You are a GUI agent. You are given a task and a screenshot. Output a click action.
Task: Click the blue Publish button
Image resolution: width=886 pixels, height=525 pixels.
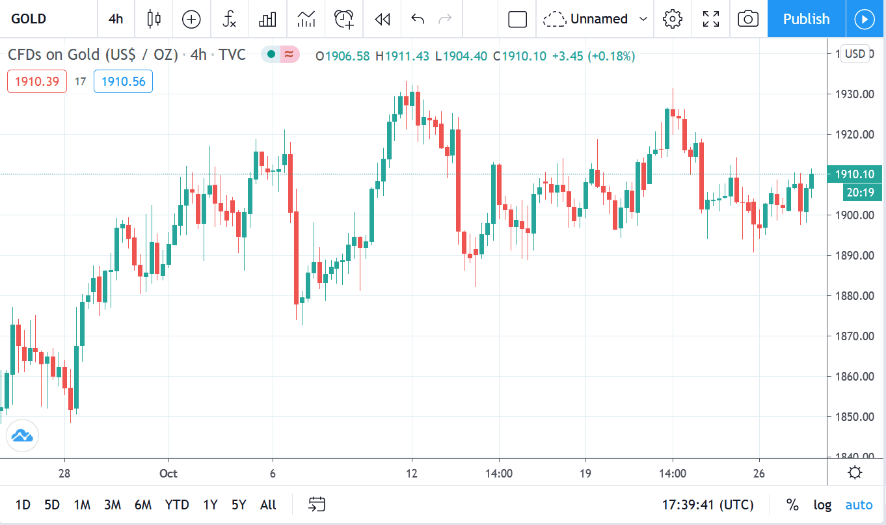coord(806,19)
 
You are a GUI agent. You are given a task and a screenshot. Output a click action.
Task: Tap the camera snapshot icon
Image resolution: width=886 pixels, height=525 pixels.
coord(748,19)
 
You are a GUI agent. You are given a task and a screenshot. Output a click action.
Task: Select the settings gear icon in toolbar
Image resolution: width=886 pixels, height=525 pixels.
coord(672,19)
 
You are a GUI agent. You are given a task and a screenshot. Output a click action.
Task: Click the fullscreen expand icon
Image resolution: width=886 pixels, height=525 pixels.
coord(711,19)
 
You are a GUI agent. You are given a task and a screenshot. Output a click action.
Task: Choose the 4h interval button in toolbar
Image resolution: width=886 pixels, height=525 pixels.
coord(116,19)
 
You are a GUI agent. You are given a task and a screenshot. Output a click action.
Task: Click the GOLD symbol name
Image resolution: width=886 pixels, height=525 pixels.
coord(29,19)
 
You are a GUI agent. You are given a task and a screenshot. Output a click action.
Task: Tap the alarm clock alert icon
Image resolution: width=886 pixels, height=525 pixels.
coord(344,19)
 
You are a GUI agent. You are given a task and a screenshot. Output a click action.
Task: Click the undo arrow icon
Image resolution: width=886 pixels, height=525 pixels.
coord(418,19)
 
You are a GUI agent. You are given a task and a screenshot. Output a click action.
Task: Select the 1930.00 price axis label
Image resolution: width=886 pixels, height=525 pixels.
coord(855,94)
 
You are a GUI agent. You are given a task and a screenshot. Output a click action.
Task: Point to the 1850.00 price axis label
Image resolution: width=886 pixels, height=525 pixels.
coord(855,416)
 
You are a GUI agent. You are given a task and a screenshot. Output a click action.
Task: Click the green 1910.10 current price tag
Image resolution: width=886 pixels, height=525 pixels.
coord(855,174)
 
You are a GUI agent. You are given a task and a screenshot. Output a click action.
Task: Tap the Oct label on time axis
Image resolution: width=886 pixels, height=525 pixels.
coord(168,473)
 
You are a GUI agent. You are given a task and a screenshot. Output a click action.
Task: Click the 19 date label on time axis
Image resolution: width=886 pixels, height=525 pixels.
coord(585,473)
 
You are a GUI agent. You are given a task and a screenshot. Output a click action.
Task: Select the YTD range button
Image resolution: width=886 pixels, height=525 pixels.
coord(177,504)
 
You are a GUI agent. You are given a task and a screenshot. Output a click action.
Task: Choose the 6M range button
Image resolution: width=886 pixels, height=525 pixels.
coord(143,504)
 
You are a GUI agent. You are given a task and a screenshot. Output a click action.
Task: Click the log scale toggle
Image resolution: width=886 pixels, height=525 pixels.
coord(822,504)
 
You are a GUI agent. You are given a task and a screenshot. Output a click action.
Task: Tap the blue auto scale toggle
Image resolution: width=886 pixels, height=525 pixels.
coord(859,504)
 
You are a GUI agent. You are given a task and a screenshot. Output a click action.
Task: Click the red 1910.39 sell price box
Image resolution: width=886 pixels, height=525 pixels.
coord(37,81)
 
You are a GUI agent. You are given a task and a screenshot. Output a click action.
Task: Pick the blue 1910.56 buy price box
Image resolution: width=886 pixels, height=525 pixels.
coord(123,81)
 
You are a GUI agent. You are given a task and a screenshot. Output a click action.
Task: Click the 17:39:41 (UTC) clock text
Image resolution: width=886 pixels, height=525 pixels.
coord(708,504)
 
